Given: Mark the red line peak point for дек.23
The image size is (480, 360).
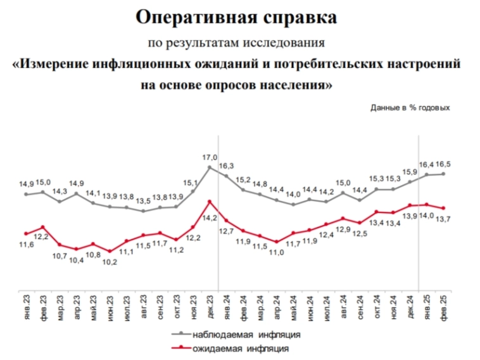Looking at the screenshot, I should [x=210, y=202].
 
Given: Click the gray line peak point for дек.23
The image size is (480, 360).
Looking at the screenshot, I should [x=210, y=167].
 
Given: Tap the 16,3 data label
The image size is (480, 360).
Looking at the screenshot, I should [x=227, y=166].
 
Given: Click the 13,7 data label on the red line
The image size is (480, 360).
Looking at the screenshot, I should [x=442, y=219].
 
